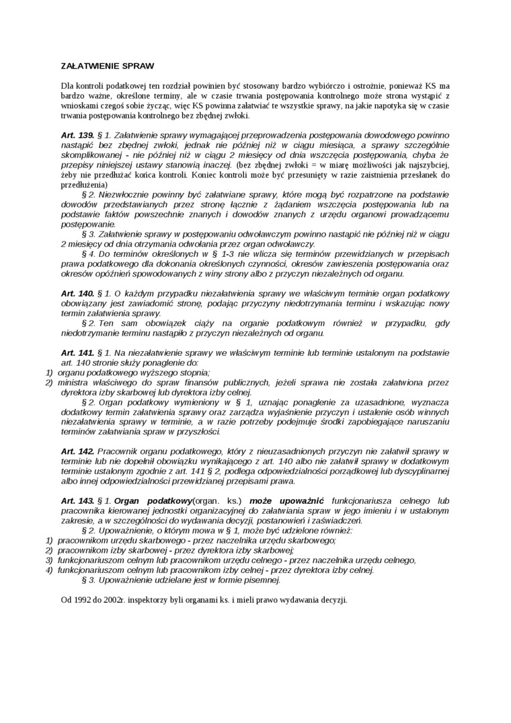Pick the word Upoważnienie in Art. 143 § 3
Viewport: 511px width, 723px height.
click(126, 579)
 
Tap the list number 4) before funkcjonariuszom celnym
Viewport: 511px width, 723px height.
click(48, 570)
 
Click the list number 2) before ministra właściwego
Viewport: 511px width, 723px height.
click(48, 382)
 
